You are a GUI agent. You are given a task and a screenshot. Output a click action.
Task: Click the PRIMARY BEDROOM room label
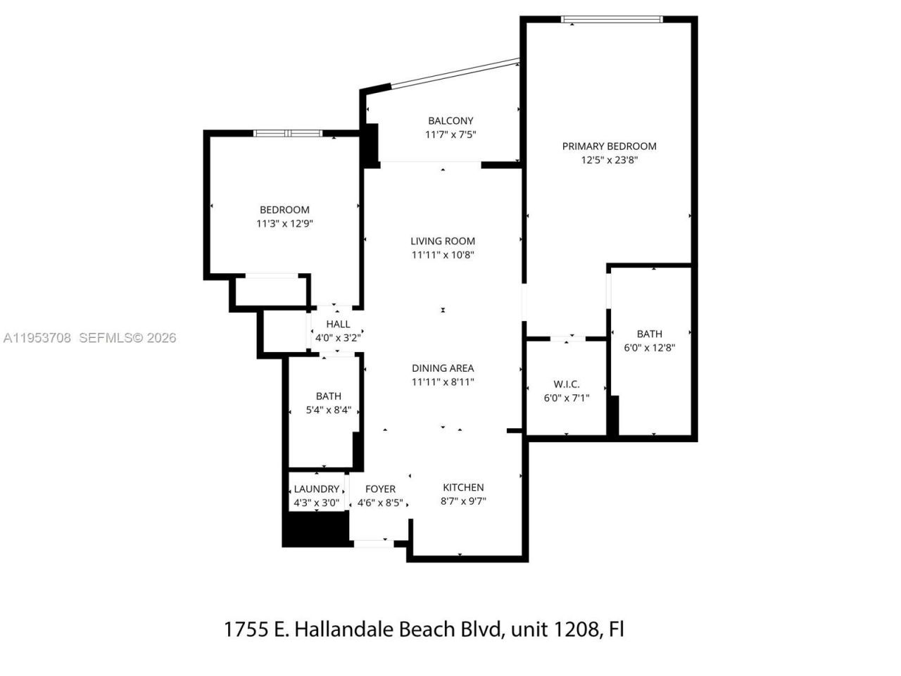[x=609, y=146]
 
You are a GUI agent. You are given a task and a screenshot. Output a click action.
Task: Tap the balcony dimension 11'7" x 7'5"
[x=451, y=134]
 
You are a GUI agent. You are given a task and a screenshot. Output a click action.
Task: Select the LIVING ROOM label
[x=443, y=241]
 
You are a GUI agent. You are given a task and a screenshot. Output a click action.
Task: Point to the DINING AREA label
[x=443, y=368]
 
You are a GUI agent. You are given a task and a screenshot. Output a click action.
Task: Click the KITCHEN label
[x=463, y=487]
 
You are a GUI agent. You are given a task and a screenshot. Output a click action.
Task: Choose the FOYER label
[x=380, y=489]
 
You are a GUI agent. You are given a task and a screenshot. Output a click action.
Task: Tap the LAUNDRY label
[x=316, y=489]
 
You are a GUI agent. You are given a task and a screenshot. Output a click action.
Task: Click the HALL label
[x=338, y=324]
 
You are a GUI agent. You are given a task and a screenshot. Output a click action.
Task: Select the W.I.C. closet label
[x=567, y=384]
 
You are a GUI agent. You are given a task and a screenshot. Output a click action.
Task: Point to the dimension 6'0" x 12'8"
[x=650, y=347]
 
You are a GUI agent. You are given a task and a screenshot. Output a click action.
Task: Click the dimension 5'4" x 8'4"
[x=328, y=410]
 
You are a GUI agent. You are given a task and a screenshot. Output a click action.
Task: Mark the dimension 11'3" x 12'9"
[x=284, y=223]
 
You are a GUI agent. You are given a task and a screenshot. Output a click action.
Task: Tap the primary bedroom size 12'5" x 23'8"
[x=609, y=160]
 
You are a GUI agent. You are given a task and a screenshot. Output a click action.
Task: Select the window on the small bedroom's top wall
[x=288, y=133]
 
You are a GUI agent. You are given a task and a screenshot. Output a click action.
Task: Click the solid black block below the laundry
[x=316, y=529]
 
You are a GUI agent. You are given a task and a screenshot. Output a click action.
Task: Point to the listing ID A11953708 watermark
[x=37, y=338]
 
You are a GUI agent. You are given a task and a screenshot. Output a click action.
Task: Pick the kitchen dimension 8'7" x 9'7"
[x=463, y=501]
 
